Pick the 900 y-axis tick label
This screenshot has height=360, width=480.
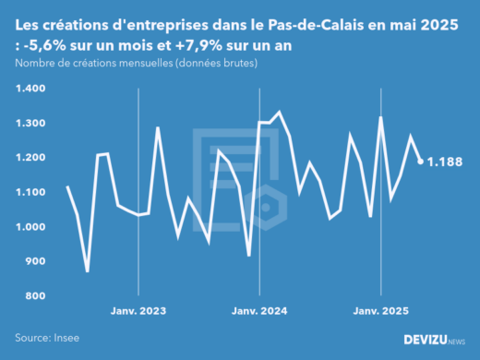coord(35,261)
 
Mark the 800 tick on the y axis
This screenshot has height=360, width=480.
coord(35,296)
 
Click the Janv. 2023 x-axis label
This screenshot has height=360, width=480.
coord(138,312)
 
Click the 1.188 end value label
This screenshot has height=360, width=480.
coord(444,162)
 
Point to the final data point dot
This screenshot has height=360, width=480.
coord(421,162)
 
